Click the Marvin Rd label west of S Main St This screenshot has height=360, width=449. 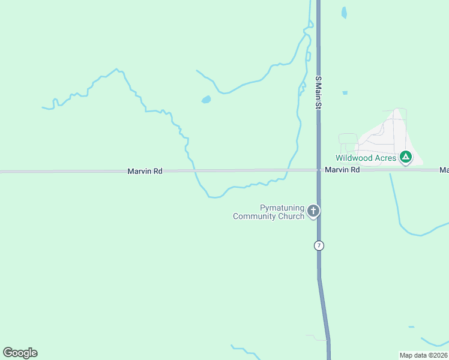145,172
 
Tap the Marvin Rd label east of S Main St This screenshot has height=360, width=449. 342,170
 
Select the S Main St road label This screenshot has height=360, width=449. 319,92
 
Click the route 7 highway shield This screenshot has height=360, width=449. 319,245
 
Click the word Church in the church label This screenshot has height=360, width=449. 291,216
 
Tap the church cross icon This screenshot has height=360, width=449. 313,211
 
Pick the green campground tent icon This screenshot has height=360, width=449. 406,157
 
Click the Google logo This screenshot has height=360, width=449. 20,353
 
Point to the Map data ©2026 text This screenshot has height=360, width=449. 423,355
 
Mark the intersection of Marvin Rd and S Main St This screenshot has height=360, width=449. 319,170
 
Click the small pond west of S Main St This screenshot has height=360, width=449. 206,100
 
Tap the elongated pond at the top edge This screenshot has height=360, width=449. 344,12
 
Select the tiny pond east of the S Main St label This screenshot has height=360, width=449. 345,93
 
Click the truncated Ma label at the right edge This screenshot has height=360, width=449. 444,170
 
